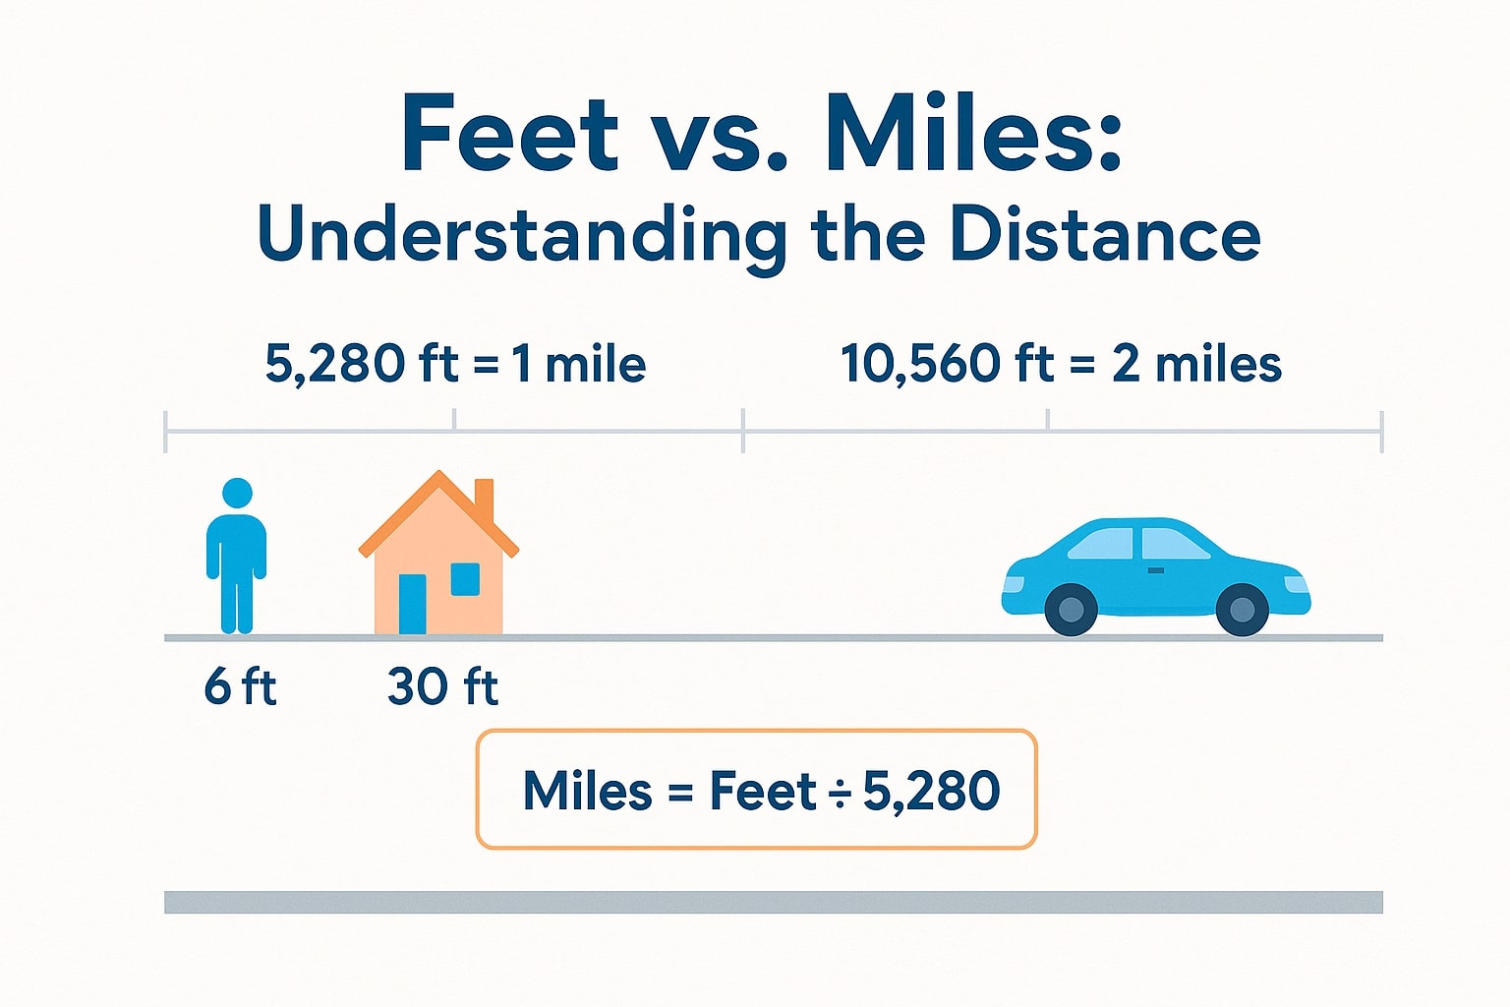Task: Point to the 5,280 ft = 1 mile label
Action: click(455, 365)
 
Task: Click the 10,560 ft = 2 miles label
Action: click(1061, 365)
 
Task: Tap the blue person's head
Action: click(237, 494)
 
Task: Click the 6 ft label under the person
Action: click(240, 686)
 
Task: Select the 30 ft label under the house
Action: click(442, 686)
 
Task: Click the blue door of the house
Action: click(413, 603)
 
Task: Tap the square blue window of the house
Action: click(465, 578)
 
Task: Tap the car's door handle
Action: click(1156, 570)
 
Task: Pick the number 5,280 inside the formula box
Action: click(931, 791)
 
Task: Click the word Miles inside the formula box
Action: click(587, 791)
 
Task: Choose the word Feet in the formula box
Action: click(763, 791)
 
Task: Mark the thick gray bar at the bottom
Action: click(773, 902)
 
